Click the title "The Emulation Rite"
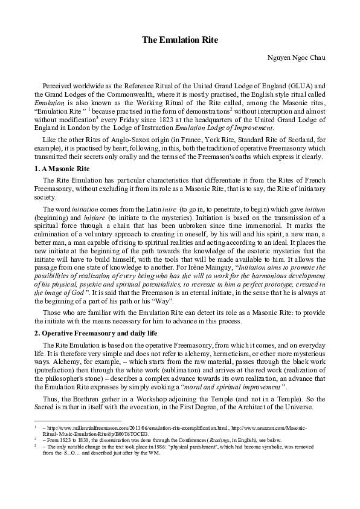coord(179,40)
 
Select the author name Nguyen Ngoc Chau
coord(296,57)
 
